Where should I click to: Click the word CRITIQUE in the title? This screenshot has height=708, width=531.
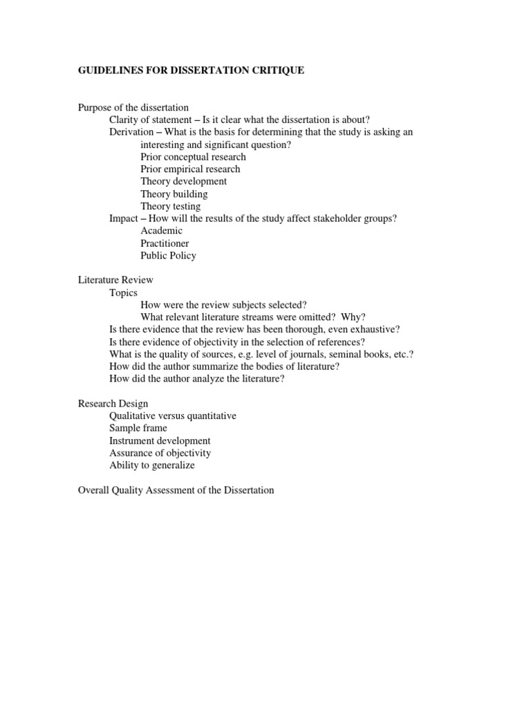pyautogui.click(x=277, y=71)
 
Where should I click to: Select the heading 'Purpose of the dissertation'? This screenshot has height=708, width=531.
pyautogui.click(x=133, y=107)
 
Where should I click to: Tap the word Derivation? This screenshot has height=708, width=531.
pyautogui.click(x=132, y=132)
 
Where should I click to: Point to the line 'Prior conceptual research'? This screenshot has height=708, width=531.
pyautogui.click(x=193, y=157)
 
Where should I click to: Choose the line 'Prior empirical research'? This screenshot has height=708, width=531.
pyautogui.click(x=190, y=169)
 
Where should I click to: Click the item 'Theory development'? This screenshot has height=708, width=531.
pyautogui.click(x=183, y=181)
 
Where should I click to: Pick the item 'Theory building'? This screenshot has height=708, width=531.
pyautogui.click(x=174, y=194)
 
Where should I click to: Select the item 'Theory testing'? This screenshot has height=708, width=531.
pyautogui.click(x=170, y=206)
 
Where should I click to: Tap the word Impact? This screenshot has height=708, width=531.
pyautogui.click(x=124, y=218)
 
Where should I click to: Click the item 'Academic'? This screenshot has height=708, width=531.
pyautogui.click(x=161, y=230)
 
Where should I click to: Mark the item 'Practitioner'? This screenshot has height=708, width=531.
pyautogui.click(x=165, y=243)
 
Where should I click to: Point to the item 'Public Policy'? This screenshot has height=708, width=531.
pyautogui.click(x=168, y=255)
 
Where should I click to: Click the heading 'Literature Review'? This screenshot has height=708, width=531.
pyautogui.click(x=115, y=280)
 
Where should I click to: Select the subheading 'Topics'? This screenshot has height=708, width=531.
pyautogui.click(x=123, y=292)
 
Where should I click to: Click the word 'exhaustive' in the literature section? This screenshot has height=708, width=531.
pyautogui.click(x=376, y=329)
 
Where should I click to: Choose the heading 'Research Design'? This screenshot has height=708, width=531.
pyautogui.click(x=113, y=403)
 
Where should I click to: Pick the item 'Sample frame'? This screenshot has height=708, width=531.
pyautogui.click(x=138, y=428)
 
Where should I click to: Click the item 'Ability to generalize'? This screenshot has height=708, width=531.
pyautogui.click(x=151, y=465)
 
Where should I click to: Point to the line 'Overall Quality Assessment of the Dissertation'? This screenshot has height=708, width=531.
pyautogui.click(x=176, y=490)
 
